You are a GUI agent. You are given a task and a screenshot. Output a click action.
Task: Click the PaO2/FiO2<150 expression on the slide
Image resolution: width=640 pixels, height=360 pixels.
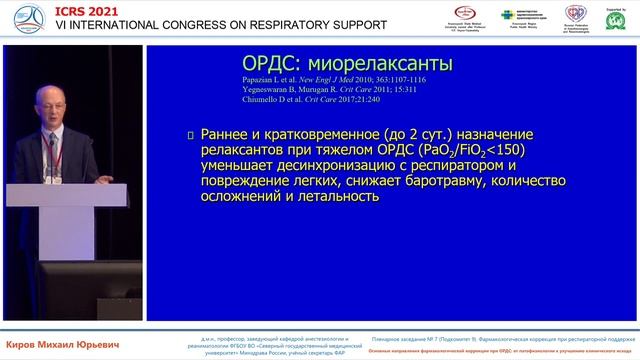pos(476,150)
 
